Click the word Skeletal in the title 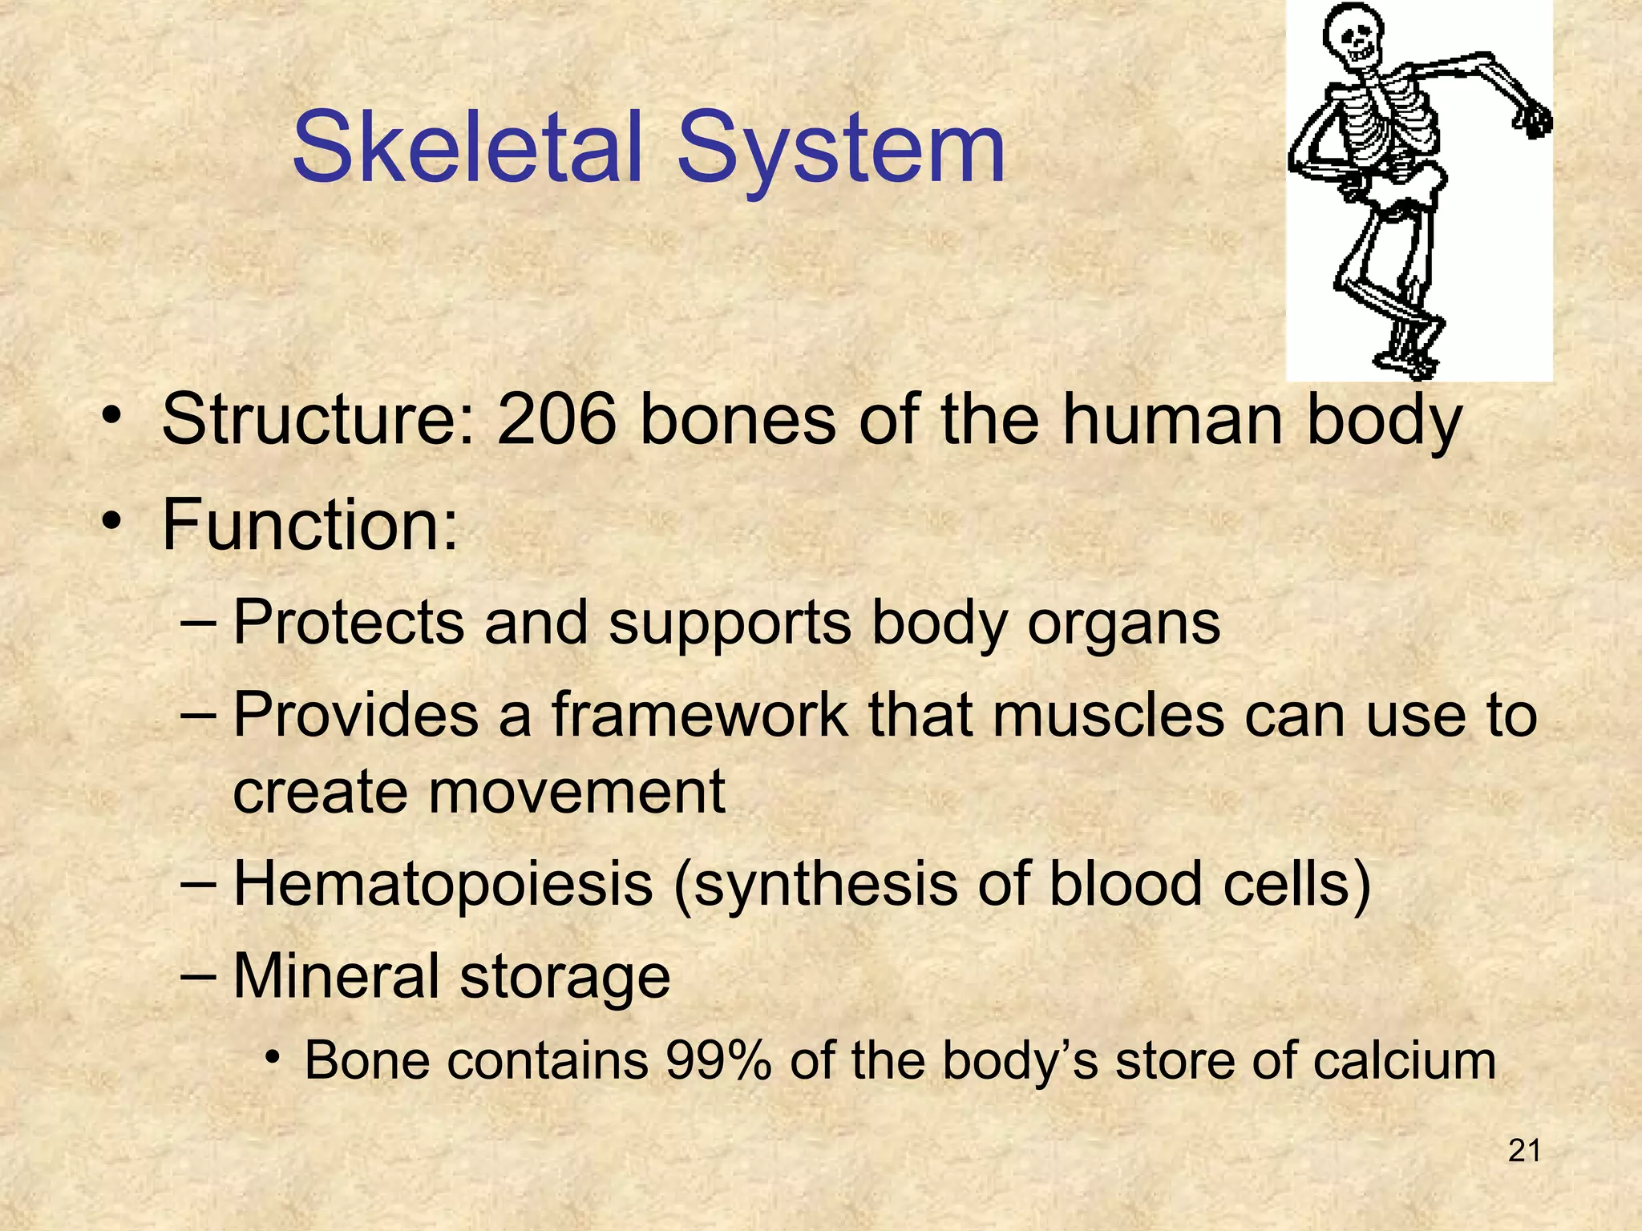[468, 149]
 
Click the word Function [309, 526]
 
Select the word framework [698, 714]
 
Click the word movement [576, 791]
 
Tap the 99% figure [718, 1060]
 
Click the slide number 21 [1523, 1151]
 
